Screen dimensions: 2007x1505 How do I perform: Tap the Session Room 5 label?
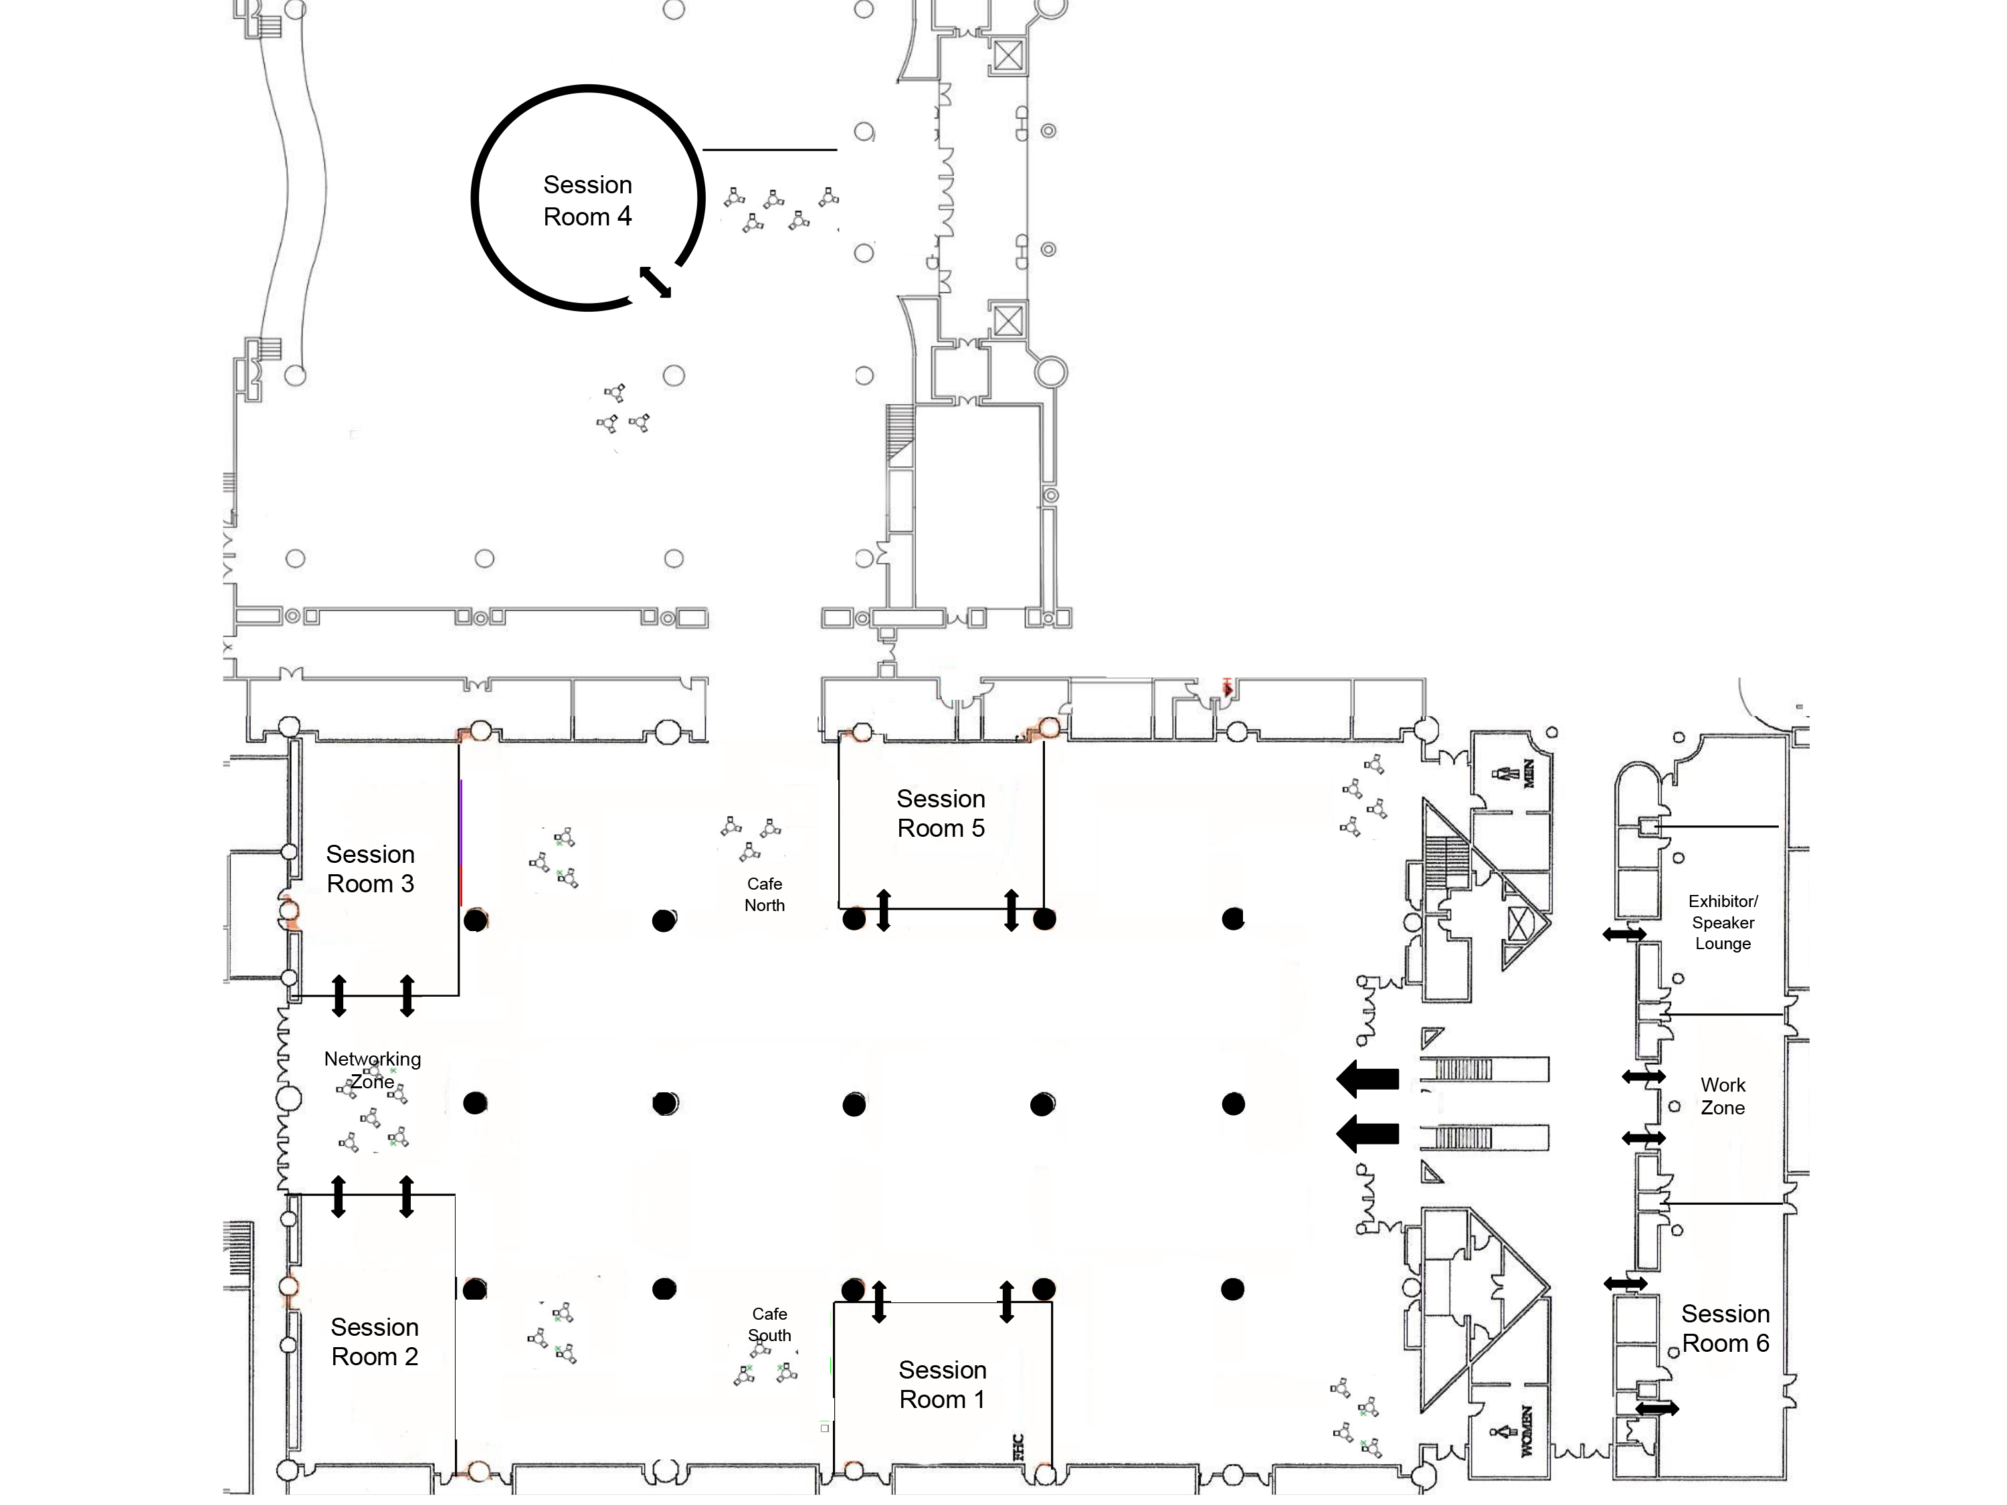click(941, 813)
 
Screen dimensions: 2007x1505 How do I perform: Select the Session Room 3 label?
click(370, 868)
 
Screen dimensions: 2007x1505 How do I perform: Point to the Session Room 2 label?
click(375, 1342)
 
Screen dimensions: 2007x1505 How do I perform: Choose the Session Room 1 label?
click(943, 1385)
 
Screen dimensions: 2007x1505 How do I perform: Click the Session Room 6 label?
click(1726, 1328)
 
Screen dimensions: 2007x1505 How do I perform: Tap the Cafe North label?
click(765, 894)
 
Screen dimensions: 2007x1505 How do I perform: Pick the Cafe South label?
click(769, 1324)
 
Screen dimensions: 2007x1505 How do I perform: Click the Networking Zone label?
click(373, 1070)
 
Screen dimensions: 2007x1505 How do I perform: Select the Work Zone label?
click(1723, 1096)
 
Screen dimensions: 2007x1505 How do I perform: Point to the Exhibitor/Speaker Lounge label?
click(1723, 922)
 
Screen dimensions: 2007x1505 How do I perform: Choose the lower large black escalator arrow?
click(1367, 1133)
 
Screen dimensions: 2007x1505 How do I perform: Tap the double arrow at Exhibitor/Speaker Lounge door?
click(1624, 934)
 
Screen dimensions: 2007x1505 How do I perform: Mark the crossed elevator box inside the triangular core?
click(1519, 924)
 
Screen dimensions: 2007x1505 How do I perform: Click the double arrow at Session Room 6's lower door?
click(1656, 1409)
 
